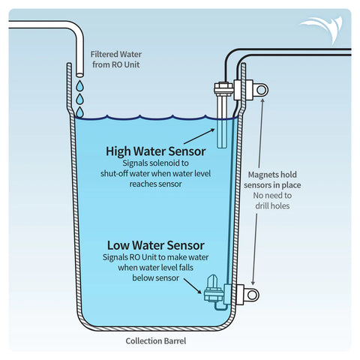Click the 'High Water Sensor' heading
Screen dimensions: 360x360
point(156,151)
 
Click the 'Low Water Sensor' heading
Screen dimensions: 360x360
point(156,245)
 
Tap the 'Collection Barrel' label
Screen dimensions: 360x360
point(156,341)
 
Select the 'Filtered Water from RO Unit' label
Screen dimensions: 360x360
point(116,59)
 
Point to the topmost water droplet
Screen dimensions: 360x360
point(79,85)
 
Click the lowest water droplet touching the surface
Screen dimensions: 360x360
point(79,112)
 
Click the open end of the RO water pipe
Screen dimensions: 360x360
point(79,74)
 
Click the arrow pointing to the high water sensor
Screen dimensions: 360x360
point(199,136)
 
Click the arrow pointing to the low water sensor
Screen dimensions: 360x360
point(193,286)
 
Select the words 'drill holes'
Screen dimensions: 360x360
point(272,206)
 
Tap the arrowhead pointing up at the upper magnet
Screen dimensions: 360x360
point(262,100)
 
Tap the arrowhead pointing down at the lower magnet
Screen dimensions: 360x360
point(253,283)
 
